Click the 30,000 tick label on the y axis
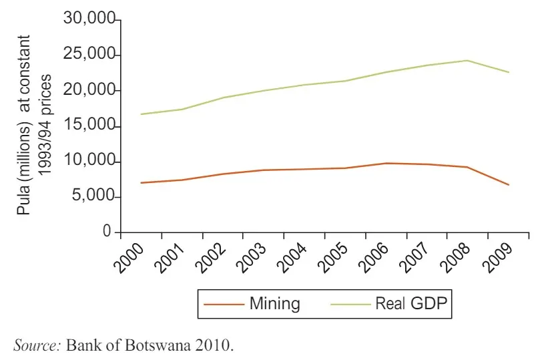pyautogui.click(x=89, y=19)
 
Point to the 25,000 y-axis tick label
pyautogui.click(x=89, y=55)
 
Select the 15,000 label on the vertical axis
pyautogui.click(x=89, y=126)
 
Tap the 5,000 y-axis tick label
pyautogui.click(x=93, y=197)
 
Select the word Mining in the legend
pyautogui.click(x=274, y=304)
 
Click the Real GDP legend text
pyautogui.click(x=414, y=304)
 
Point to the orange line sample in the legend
pyautogui.click(x=223, y=305)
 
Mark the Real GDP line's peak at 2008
pyautogui.click(x=467, y=60)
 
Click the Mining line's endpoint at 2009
pyautogui.click(x=509, y=184)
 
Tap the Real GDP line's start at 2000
pyautogui.click(x=141, y=114)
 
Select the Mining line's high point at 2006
pyautogui.click(x=386, y=163)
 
